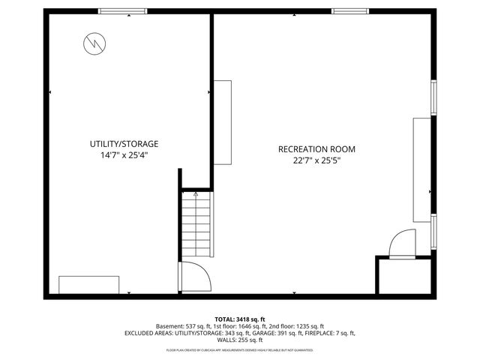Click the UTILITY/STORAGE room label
[x=124, y=143]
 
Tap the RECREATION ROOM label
[x=316, y=149]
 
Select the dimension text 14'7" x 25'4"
[x=124, y=155]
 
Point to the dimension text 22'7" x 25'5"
[x=316, y=160]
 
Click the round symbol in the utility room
[x=94, y=44]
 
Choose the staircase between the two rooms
[x=195, y=226]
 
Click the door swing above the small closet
[x=398, y=244]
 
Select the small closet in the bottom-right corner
[x=404, y=276]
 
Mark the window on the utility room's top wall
[x=122, y=10]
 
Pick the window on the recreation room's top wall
[x=349, y=10]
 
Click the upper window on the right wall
[x=433, y=97]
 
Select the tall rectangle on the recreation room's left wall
[x=223, y=123]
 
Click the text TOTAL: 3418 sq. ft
[x=240, y=319]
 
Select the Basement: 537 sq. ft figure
[x=183, y=326]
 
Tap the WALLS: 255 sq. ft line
[x=240, y=340]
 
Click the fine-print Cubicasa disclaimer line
[x=240, y=349]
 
